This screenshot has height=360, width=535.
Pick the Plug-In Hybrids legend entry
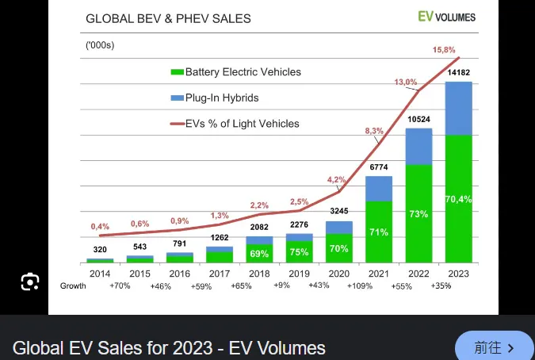(214, 98)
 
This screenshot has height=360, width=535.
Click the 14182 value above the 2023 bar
(458, 74)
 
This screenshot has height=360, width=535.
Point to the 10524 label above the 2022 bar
(418, 119)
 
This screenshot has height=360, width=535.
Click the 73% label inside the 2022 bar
(418, 214)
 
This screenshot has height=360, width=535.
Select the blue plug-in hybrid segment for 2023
(458, 109)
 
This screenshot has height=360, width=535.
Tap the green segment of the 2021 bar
(379, 232)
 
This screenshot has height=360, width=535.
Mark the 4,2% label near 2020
(337, 179)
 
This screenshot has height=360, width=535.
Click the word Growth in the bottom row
(73, 286)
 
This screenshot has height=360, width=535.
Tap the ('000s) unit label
(100, 45)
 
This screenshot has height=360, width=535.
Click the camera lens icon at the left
(29, 281)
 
